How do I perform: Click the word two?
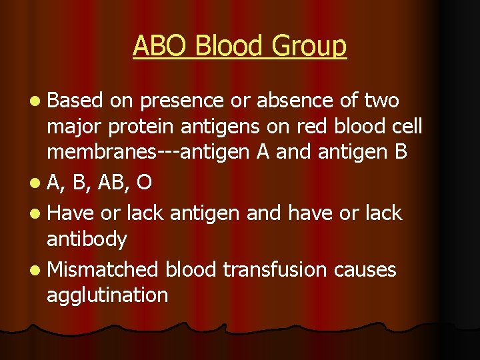[382, 101]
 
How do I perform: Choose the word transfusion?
[275, 269]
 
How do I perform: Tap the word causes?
[366, 269]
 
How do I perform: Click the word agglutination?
[107, 294]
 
